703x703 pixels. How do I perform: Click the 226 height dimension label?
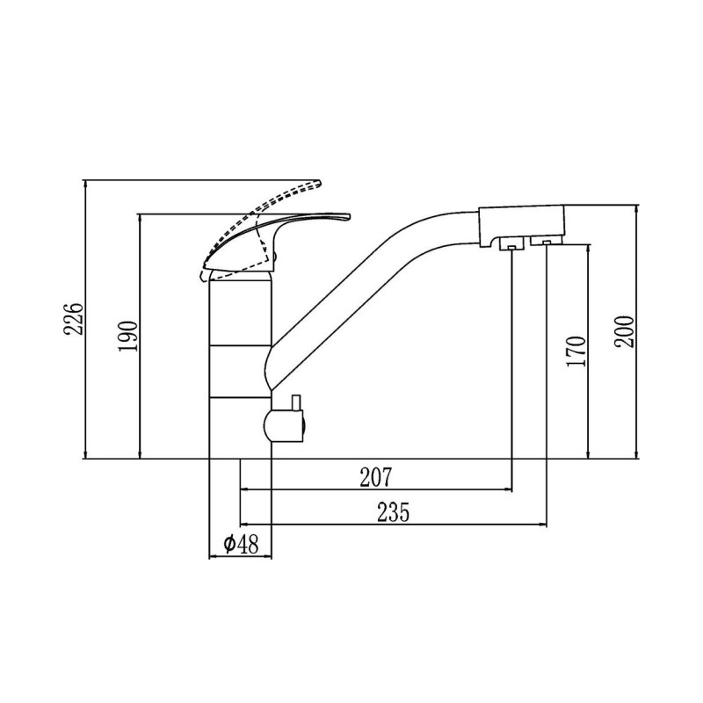(x=74, y=319)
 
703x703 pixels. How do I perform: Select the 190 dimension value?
(x=128, y=336)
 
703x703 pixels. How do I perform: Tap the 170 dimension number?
(x=576, y=351)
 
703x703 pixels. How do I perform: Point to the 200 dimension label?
(x=625, y=331)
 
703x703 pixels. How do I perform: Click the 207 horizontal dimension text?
(x=376, y=477)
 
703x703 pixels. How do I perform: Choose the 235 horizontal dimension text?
(x=393, y=512)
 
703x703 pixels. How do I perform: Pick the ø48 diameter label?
(x=241, y=544)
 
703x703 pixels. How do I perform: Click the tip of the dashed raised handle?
(x=321, y=183)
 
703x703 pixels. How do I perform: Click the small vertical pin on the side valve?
(x=296, y=402)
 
